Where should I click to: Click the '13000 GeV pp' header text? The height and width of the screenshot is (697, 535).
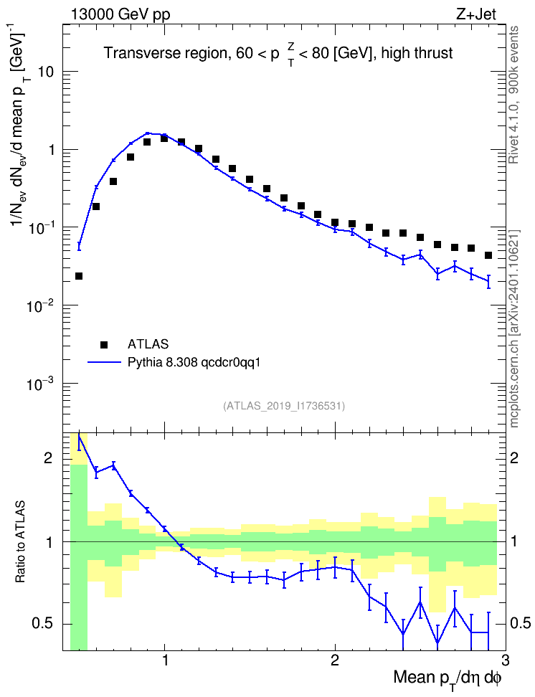[120, 14]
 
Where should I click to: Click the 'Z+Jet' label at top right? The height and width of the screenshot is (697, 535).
[476, 14]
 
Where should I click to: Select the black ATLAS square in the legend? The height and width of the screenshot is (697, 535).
[104, 344]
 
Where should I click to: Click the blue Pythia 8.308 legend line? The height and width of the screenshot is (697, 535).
[104, 363]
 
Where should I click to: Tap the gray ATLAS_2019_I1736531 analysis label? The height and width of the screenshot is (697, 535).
[284, 405]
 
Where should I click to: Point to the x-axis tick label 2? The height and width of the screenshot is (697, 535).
[335, 660]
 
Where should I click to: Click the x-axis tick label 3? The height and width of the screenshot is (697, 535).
[505, 660]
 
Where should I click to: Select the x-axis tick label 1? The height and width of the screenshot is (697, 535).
[165, 660]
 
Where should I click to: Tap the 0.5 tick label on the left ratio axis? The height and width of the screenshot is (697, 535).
[44, 624]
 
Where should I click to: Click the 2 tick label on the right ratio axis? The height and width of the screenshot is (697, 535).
[514, 457]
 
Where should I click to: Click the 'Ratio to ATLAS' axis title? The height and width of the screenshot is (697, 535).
[20, 542]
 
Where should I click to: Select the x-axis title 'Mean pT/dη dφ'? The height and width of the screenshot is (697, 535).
[447, 679]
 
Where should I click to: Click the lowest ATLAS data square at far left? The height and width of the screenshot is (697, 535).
[79, 276]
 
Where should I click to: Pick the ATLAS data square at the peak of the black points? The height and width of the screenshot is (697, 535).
[164, 138]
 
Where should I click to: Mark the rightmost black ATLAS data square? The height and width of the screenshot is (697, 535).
[488, 255]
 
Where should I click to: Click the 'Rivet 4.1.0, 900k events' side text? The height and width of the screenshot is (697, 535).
[513, 95]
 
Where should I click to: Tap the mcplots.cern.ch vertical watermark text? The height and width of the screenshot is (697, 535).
[514, 328]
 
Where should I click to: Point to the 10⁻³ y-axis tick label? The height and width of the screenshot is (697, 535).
[41, 384]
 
